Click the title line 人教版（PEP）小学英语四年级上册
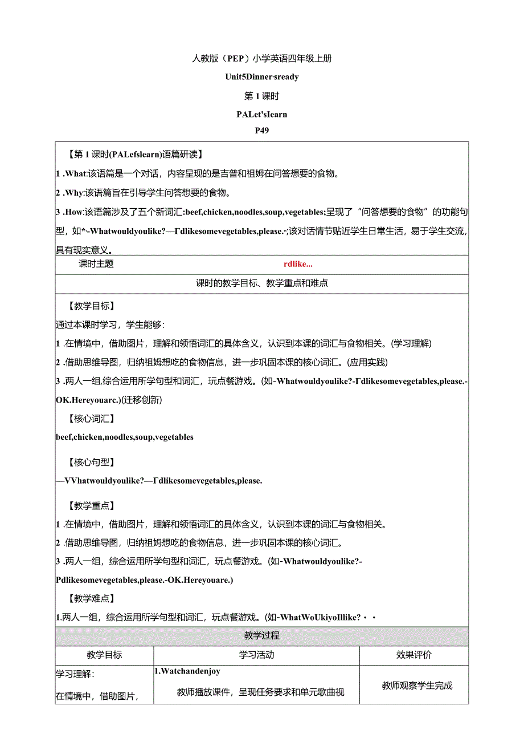coord(262,58)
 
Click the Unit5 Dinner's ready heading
coord(262,76)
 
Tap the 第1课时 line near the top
coord(261,96)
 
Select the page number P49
coord(262,130)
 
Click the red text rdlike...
coord(298,263)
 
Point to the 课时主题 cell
coord(96,263)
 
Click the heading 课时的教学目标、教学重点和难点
coord(261,283)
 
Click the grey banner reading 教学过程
coord(261,635)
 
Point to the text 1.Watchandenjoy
coord(187,671)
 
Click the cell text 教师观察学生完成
coord(417,685)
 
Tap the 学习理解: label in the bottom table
coord(75,674)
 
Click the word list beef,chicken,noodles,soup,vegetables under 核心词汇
coord(125,437)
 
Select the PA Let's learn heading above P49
coord(262,114)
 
